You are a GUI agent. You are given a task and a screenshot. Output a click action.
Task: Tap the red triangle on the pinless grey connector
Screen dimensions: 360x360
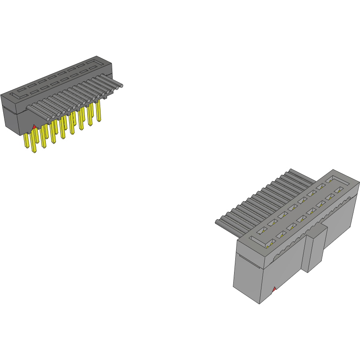pos(274,289)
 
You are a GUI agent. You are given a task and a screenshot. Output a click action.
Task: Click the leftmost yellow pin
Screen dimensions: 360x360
pos(27,141)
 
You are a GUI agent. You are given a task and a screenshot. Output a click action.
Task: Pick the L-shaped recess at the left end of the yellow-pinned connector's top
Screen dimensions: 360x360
pos(18,95)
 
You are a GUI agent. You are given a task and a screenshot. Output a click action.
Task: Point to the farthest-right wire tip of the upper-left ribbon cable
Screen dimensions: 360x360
pos(120,85)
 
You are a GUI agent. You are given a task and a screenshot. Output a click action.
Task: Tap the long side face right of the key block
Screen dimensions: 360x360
pos(342,225)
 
